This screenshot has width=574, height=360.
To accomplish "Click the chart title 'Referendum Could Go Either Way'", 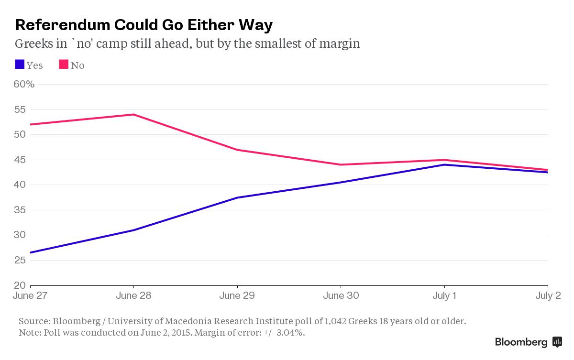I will click(x=144, y=25).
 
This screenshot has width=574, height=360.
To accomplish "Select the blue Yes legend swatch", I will click(x=20, y=65).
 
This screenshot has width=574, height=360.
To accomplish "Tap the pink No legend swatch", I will click(x=64, y=65).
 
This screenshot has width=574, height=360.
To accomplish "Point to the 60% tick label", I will click(x=24, y=85).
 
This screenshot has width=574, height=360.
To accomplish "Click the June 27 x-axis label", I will click(x=30, y=296).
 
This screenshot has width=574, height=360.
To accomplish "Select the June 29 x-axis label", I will click(x=237, y=296).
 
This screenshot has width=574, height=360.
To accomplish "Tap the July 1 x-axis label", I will click(x=444, y=296).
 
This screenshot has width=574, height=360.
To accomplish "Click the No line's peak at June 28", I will click(x=133, y=115).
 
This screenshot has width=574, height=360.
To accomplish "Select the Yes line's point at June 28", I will click(x=133, y=230).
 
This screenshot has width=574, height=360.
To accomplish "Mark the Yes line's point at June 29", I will click(x=237, y=197).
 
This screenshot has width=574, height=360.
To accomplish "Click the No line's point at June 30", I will click(x=341, y=165).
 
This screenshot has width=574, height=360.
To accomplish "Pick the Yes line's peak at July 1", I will click(x=445, y=164).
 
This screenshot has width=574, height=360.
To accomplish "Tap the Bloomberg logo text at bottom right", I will click(x=521, y=342).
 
